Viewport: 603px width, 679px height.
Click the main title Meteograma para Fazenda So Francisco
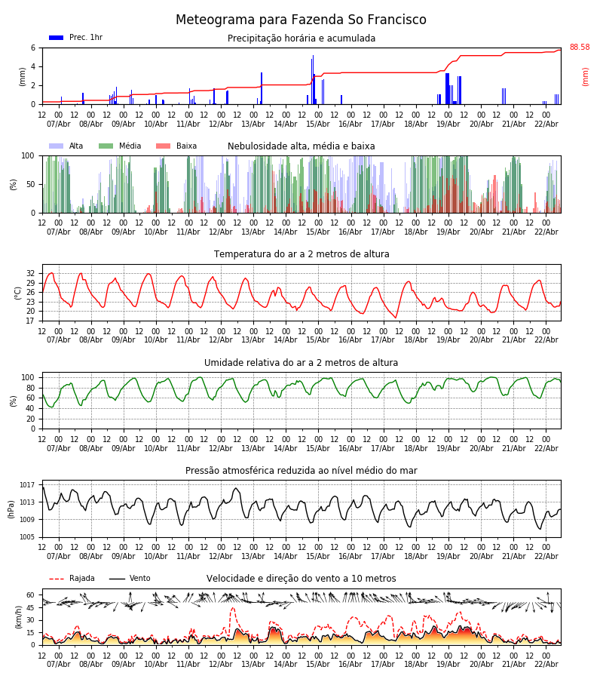[x=301, y=20]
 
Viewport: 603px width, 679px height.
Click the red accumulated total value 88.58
[x=579, y=48]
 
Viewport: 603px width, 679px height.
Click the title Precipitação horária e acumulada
[x=301, y=38]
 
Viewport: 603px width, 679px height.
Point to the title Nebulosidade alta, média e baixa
[x=301, y=146]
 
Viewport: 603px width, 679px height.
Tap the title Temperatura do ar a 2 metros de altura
[x=301, y=254]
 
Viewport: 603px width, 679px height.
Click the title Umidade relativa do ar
[x=301, y=363]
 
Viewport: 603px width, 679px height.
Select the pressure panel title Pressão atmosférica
[x=301, y=471]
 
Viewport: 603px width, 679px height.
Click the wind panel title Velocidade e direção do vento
[x=301, y=579]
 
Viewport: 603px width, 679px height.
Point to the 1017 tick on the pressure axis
[x=27, y=485]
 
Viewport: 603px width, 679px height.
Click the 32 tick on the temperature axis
[x=30, y=273]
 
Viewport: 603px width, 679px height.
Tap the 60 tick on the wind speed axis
[x=30, y=595]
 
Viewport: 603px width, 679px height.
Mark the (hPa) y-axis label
[x=11, y=508]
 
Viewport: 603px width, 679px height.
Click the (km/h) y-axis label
[x=19, y=616]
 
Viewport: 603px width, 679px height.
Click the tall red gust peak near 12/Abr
[x=232, y=609]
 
